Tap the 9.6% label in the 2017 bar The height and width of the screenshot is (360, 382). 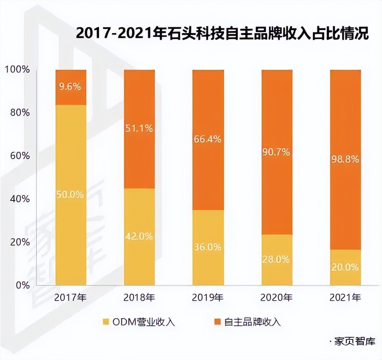pos(71,86)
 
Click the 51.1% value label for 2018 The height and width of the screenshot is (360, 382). pos(139,128)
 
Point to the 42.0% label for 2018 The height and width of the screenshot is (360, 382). pos(139,237)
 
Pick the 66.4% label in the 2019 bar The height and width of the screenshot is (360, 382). pos(208,139)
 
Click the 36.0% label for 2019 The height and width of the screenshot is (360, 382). pos(208,247)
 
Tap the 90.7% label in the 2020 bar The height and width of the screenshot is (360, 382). pos(276,152)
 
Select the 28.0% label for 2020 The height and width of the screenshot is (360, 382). pos(276,259)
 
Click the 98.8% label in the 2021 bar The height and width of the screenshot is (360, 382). pos(345,159)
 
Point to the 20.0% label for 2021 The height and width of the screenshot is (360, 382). pos(345,267)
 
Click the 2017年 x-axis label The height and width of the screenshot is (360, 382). pos(71,298)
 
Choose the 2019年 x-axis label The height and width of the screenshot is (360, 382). pos(208,298)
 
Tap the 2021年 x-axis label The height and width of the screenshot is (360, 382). pos(345,298)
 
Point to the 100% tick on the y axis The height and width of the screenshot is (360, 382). pos(17,69)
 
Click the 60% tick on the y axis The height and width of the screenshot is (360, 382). pos(19,156)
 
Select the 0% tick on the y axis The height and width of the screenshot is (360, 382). pos(22,285)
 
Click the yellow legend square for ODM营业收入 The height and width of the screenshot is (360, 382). pos(106,321)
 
